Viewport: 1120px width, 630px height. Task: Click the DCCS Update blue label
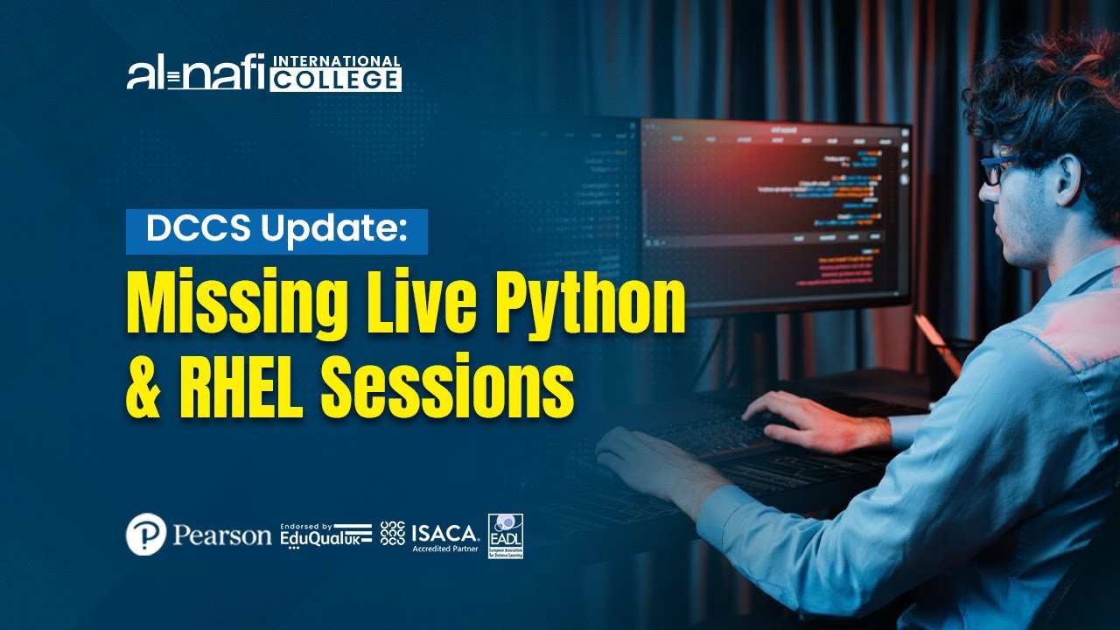coord(276,231)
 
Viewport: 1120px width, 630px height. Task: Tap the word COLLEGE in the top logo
coord(335,80)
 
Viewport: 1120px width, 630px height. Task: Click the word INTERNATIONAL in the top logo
coord(337,62)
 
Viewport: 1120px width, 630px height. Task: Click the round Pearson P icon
coord(146,534)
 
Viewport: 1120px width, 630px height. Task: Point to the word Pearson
coord(222,535)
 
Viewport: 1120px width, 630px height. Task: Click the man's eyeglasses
coord(997,169)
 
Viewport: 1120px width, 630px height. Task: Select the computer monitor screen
coord(774,210)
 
